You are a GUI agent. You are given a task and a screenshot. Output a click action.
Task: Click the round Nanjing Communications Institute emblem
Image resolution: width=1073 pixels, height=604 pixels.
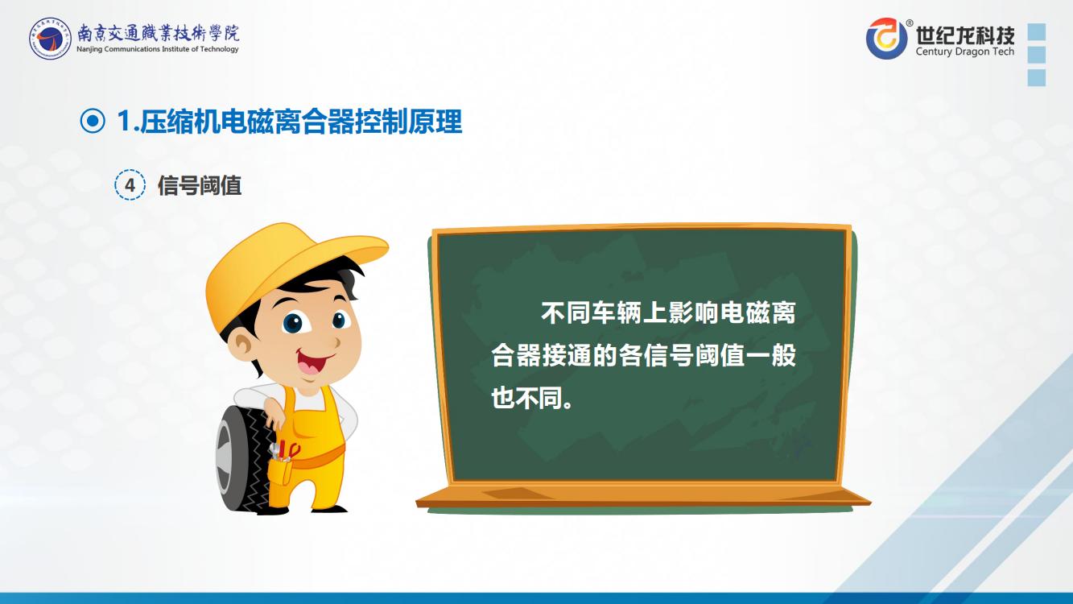[50, 39]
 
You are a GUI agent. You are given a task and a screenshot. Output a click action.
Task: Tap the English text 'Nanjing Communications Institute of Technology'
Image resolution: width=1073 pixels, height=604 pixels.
[158, 49]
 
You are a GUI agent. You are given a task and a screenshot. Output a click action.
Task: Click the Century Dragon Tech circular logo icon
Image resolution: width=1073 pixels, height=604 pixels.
[886, 39]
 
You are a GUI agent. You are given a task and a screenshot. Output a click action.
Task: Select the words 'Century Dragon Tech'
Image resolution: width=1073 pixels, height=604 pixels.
[965, 52]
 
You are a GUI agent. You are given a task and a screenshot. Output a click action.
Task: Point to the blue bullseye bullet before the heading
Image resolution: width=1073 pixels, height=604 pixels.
[93, 122]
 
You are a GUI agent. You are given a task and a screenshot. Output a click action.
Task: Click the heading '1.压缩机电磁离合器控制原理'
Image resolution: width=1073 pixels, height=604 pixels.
[289, 122]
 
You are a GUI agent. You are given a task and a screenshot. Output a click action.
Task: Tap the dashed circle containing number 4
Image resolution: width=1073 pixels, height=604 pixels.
[130, 184]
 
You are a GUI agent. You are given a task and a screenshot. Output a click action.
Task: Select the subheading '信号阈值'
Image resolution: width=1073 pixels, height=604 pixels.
[200, 185]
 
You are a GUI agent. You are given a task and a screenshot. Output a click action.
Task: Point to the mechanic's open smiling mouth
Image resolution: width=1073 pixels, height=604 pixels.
[312, 362]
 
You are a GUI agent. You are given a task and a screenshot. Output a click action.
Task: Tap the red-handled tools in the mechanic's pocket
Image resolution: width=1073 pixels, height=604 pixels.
[287, 451]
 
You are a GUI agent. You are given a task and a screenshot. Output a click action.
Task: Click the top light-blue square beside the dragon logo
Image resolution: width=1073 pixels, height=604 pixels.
[1037, 32]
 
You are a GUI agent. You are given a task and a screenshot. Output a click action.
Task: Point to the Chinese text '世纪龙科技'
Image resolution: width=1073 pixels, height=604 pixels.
[965, 35]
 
